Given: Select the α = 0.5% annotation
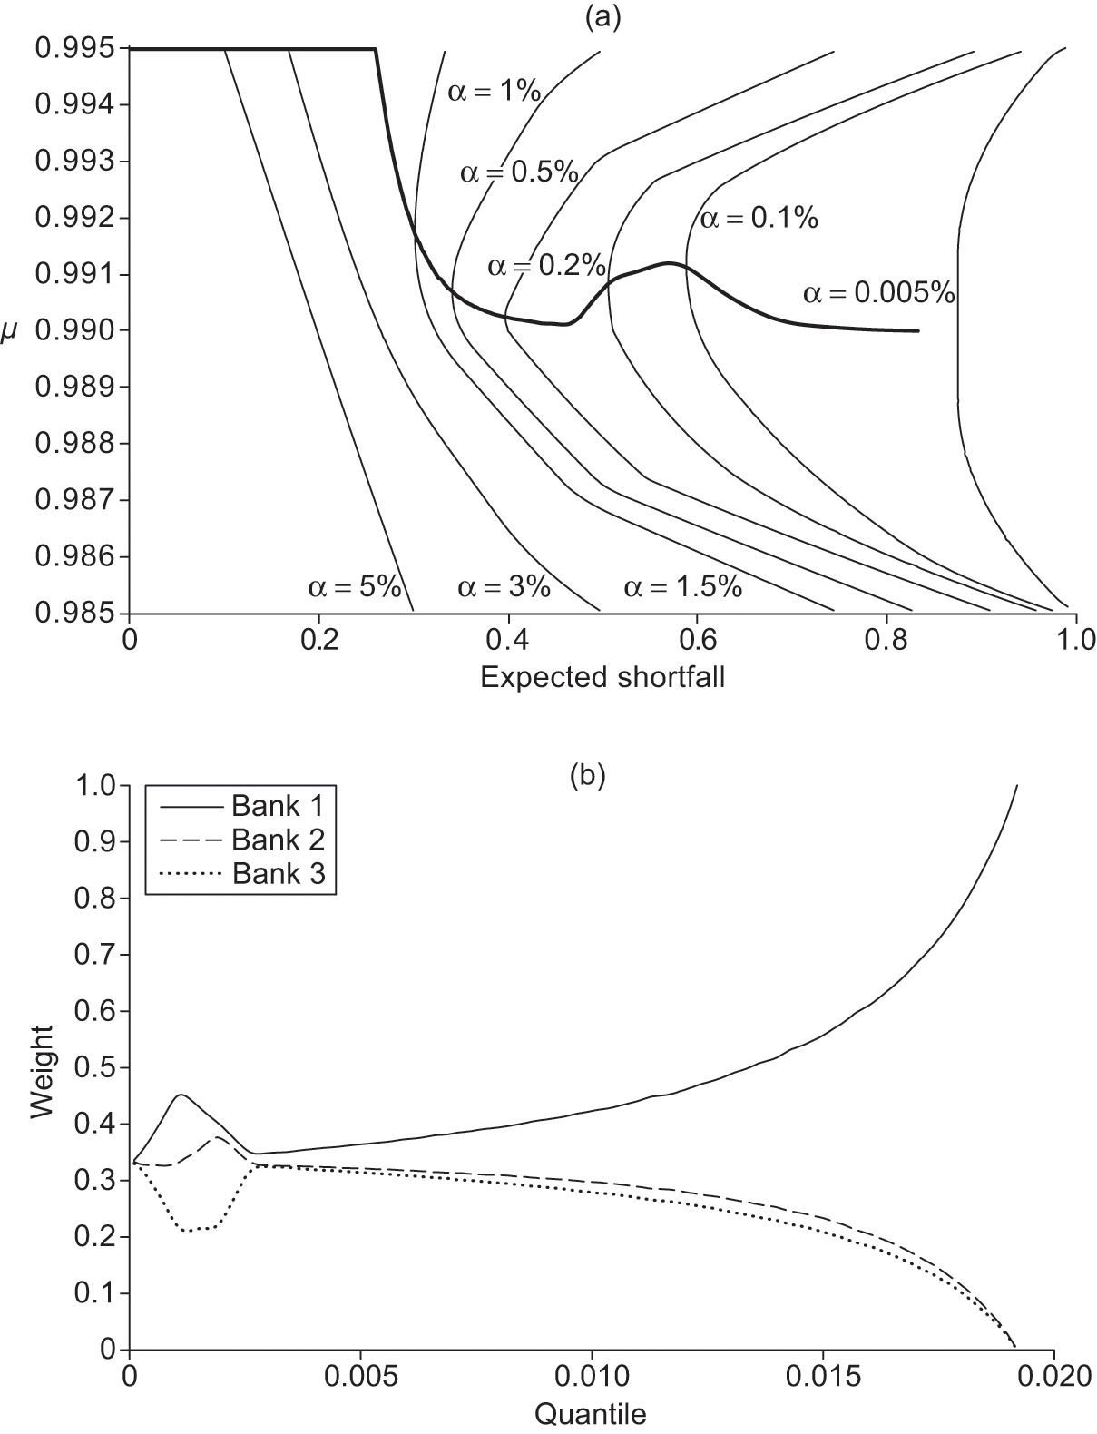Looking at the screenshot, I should click(x=519, y=172).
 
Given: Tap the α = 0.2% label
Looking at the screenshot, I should click(x=546, y=265).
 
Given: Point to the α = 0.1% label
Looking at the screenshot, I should click(x=759, y=219).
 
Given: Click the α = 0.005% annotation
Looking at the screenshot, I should click(x=879, y=293).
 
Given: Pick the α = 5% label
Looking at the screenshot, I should click(x=355, y=587).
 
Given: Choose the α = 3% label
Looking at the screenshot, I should click(x=504, y=587).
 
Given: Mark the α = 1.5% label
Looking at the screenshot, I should click(x=683, y=587).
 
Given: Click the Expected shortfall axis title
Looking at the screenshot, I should click(x=602, y=677).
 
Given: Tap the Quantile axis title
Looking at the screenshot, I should click(x=591, y=1413).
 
